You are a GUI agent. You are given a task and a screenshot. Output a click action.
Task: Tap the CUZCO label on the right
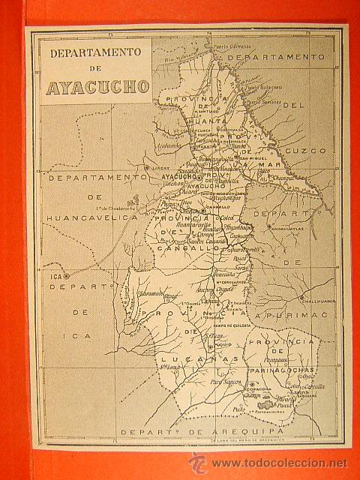pyautogui.click(x=310, y=151)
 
